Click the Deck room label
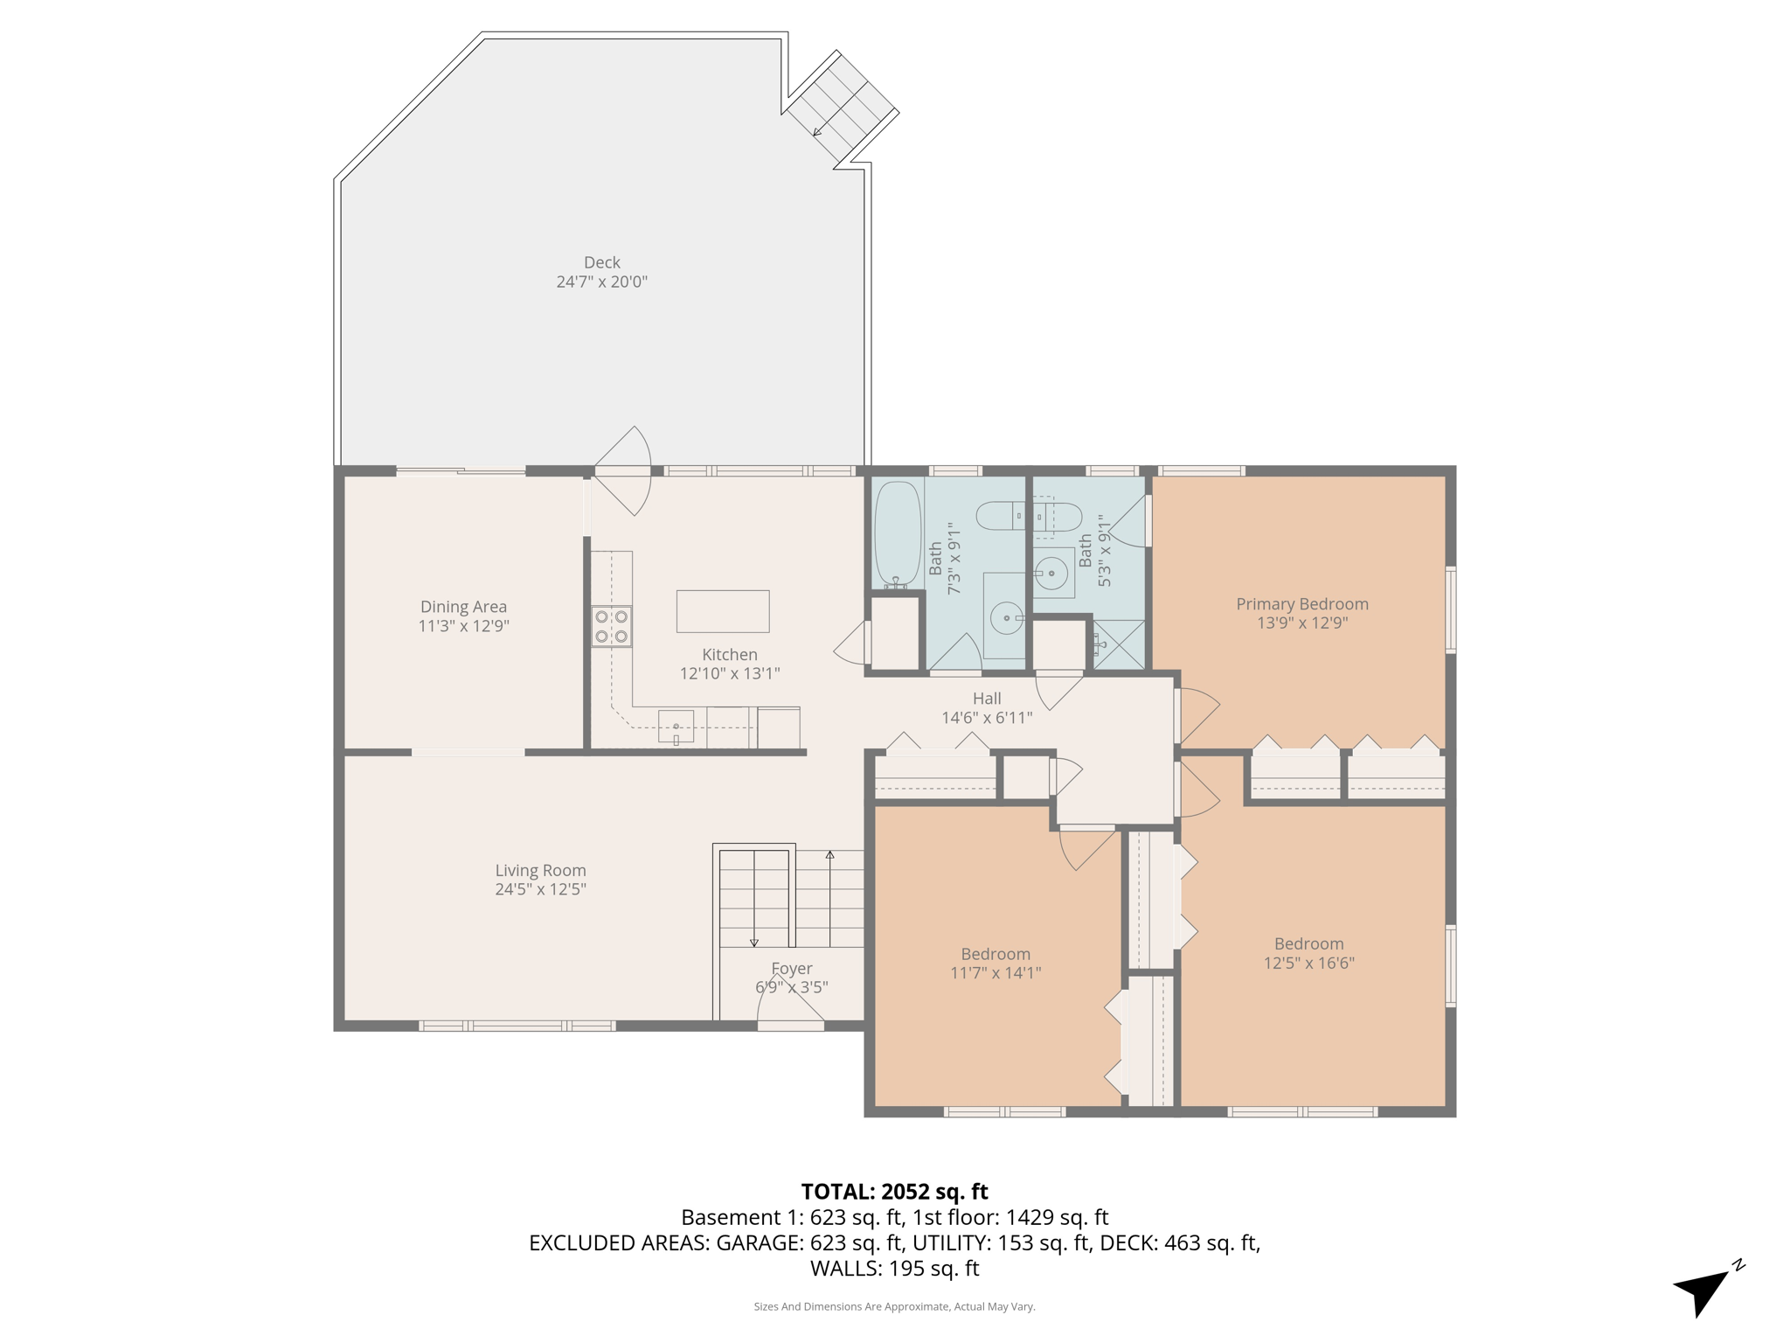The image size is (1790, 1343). click(x=601, y=262)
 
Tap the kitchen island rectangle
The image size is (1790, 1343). click(x=722, y=611)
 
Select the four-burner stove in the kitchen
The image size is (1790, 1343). click(x=611, y=626)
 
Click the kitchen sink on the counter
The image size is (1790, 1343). click(x=676, y=727)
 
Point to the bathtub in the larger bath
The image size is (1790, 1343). click(x=898, y=532)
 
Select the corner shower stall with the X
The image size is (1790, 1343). click(x=1118, y=644)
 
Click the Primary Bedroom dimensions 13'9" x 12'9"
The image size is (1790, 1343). click(x=1301, y=623)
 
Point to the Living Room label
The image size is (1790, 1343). click(x=540, y=870)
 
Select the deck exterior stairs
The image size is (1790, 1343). click(x=841, y=108)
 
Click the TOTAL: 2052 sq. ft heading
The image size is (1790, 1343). click(x=894, y=1192)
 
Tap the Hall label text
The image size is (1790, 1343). click(x=986, y=699)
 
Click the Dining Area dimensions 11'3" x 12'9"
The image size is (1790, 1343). click(x=463, y=626)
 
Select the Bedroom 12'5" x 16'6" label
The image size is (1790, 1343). click(x=1308, y=953)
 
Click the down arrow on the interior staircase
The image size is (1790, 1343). click(x=754, y=941)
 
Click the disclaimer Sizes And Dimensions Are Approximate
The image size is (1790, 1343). click(x=894, y=1307)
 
